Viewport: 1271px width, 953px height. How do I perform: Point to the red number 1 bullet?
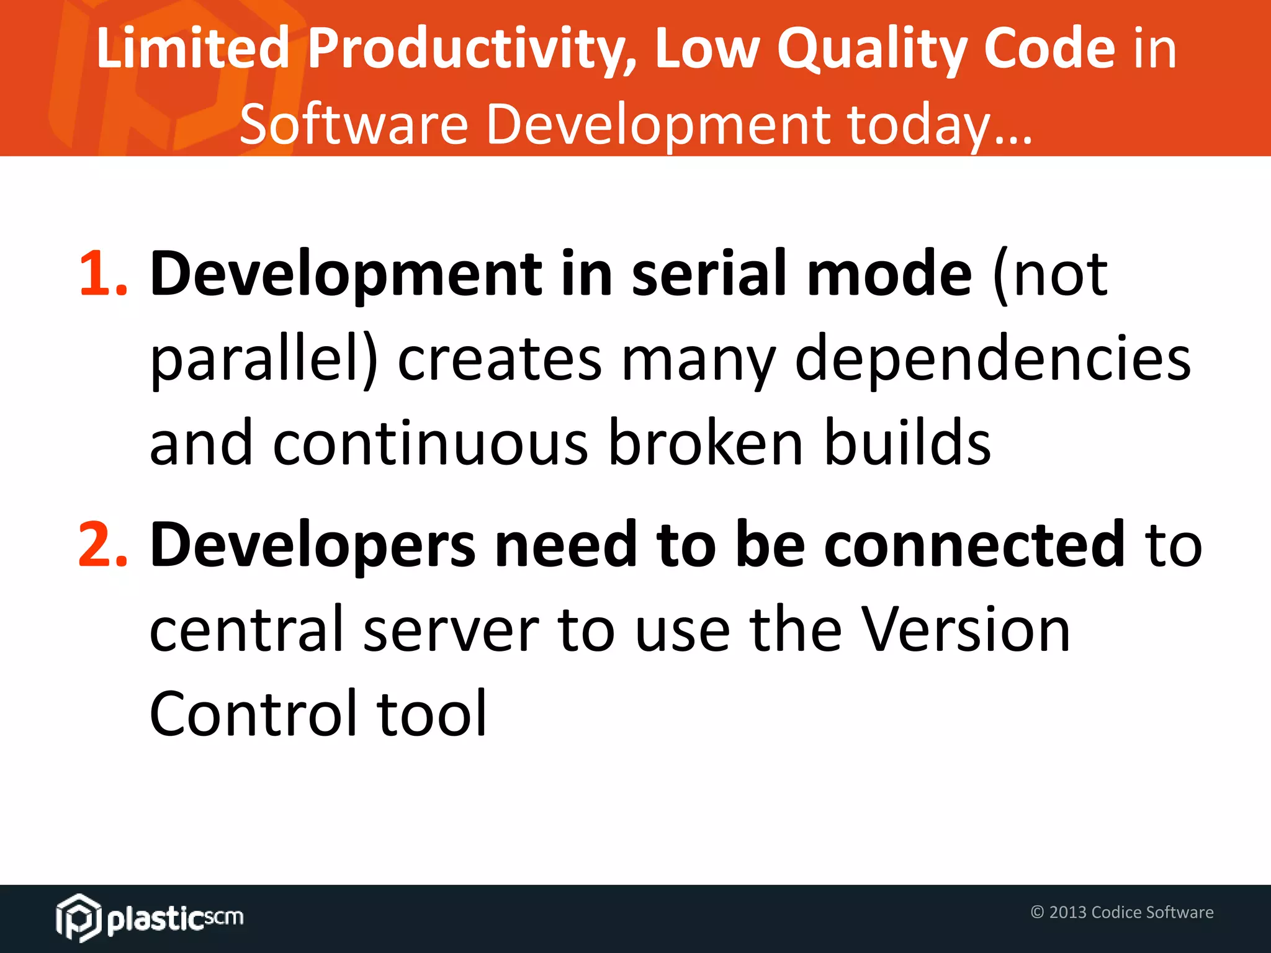(102, 274)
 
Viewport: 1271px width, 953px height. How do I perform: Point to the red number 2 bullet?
(102, 546)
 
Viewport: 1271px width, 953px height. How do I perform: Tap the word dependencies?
(993, 360)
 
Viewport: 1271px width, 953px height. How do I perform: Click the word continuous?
(431, 444)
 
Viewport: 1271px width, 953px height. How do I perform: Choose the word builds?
(907, 444)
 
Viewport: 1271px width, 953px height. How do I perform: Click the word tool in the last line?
(432, 715)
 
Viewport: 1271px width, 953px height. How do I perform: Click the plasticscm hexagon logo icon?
(78, 918)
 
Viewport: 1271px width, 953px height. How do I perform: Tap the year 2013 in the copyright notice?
(1067, 912)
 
